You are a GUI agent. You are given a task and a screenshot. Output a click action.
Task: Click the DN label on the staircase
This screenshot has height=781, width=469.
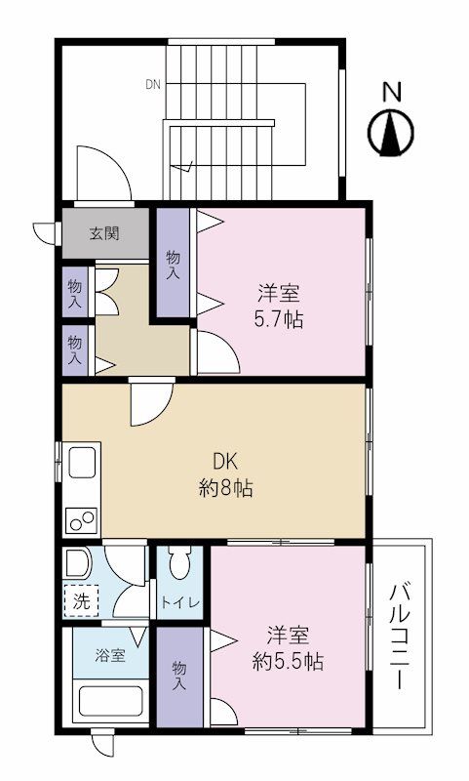click(x=153, y=85)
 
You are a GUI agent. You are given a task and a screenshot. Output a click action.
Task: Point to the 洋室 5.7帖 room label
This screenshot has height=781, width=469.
click(x=280, y=305)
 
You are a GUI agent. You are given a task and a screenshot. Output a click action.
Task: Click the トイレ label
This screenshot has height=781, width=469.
click(x=180, y=602)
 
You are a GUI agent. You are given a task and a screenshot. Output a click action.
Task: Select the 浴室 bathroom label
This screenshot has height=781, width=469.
click(x=109, y=655)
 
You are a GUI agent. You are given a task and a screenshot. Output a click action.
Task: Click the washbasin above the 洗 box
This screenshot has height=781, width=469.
click(x=77, y=563)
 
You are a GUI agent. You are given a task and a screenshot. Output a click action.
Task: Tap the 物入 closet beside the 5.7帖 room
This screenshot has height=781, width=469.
click(x=173, y=265)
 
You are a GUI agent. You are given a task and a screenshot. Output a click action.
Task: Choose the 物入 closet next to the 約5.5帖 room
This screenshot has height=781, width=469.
click(x=179, y=676)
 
